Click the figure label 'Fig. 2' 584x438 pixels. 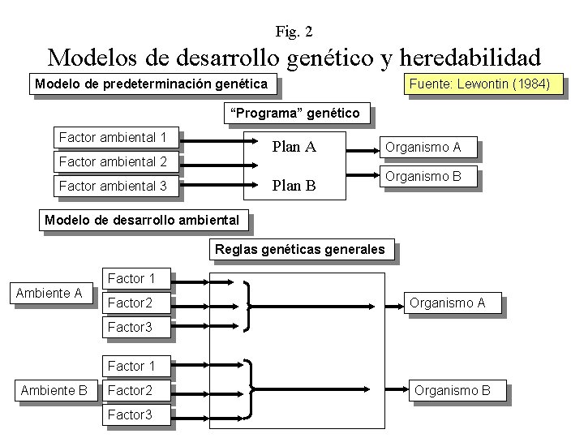tap(294, 32)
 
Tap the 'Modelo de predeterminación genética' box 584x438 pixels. tap(152, 84)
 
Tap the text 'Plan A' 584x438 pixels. tap(294, 147)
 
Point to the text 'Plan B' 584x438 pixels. tap(294, 186)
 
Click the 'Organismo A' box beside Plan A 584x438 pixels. tap(423, 147)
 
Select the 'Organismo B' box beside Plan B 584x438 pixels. tap(423, 176)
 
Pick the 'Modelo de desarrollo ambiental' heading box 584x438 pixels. tap(143, 220)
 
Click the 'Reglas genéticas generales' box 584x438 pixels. tap(300, 249)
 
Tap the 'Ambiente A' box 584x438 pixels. tap(50, 293)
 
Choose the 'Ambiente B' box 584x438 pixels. tap(54, 390)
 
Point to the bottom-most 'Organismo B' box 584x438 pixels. tap(453, 390)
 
